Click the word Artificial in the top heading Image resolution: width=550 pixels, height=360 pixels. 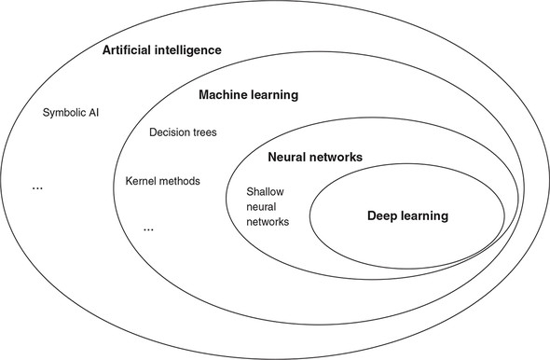tap(129, 49)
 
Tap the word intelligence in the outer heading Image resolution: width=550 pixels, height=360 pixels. tap(189, 49)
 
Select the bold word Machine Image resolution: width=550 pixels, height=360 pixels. tap(224, 95)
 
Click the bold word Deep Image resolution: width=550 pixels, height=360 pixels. tap(383, 215)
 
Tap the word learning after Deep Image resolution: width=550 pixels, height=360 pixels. tap(425, 215)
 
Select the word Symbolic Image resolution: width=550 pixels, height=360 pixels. tap(64, 114)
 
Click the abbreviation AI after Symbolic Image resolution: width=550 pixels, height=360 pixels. tap(93, 114)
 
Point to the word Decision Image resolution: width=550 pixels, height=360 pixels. tap(169, 132)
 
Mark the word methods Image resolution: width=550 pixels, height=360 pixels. tap(181, 180)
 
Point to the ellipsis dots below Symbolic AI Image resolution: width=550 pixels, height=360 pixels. tap(38, 188)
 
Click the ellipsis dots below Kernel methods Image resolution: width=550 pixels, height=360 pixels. tap(149, 229)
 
